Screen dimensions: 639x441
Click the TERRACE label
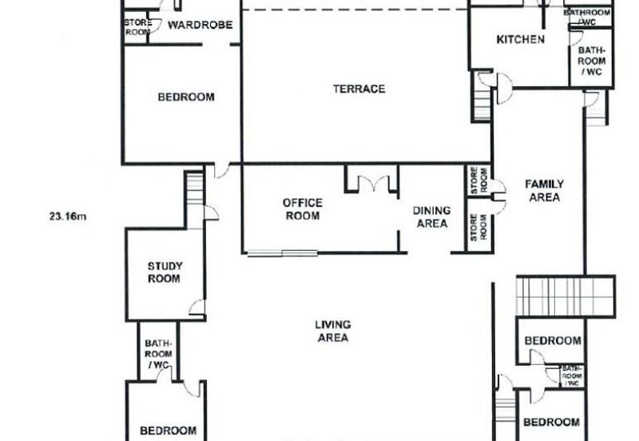(x=359, y=89)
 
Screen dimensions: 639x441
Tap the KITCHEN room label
(x=521, y=39)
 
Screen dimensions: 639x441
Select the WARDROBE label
(x=200, y=25)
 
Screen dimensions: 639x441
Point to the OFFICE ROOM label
(x=303, y=209)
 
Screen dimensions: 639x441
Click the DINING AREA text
(x=432, y=217)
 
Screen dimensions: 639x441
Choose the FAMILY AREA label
(x=545, y=191)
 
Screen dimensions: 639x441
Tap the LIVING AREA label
(x=333, y=331)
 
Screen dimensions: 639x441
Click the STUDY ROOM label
(x=165, y=272)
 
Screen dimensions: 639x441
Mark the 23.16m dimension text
(x=68, y=217)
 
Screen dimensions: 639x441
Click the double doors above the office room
(x=373, y=183)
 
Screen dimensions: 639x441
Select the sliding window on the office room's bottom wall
(x=283, y=253)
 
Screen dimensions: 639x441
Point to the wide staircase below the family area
(x=566, y=296)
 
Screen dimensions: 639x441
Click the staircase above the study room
(x=195, y=188)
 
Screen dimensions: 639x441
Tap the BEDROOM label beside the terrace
(x=186, y=97)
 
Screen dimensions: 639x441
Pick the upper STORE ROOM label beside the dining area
(x=479, y=181)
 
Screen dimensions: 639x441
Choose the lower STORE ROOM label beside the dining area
(x=478, y=227)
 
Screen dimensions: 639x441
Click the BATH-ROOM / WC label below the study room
(x=158, y=354)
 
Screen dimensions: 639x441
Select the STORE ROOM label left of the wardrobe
(x=137, y=27)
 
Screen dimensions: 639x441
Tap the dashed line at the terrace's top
(x=355, y=10)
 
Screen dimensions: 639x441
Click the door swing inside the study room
(x=197, y=307)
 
